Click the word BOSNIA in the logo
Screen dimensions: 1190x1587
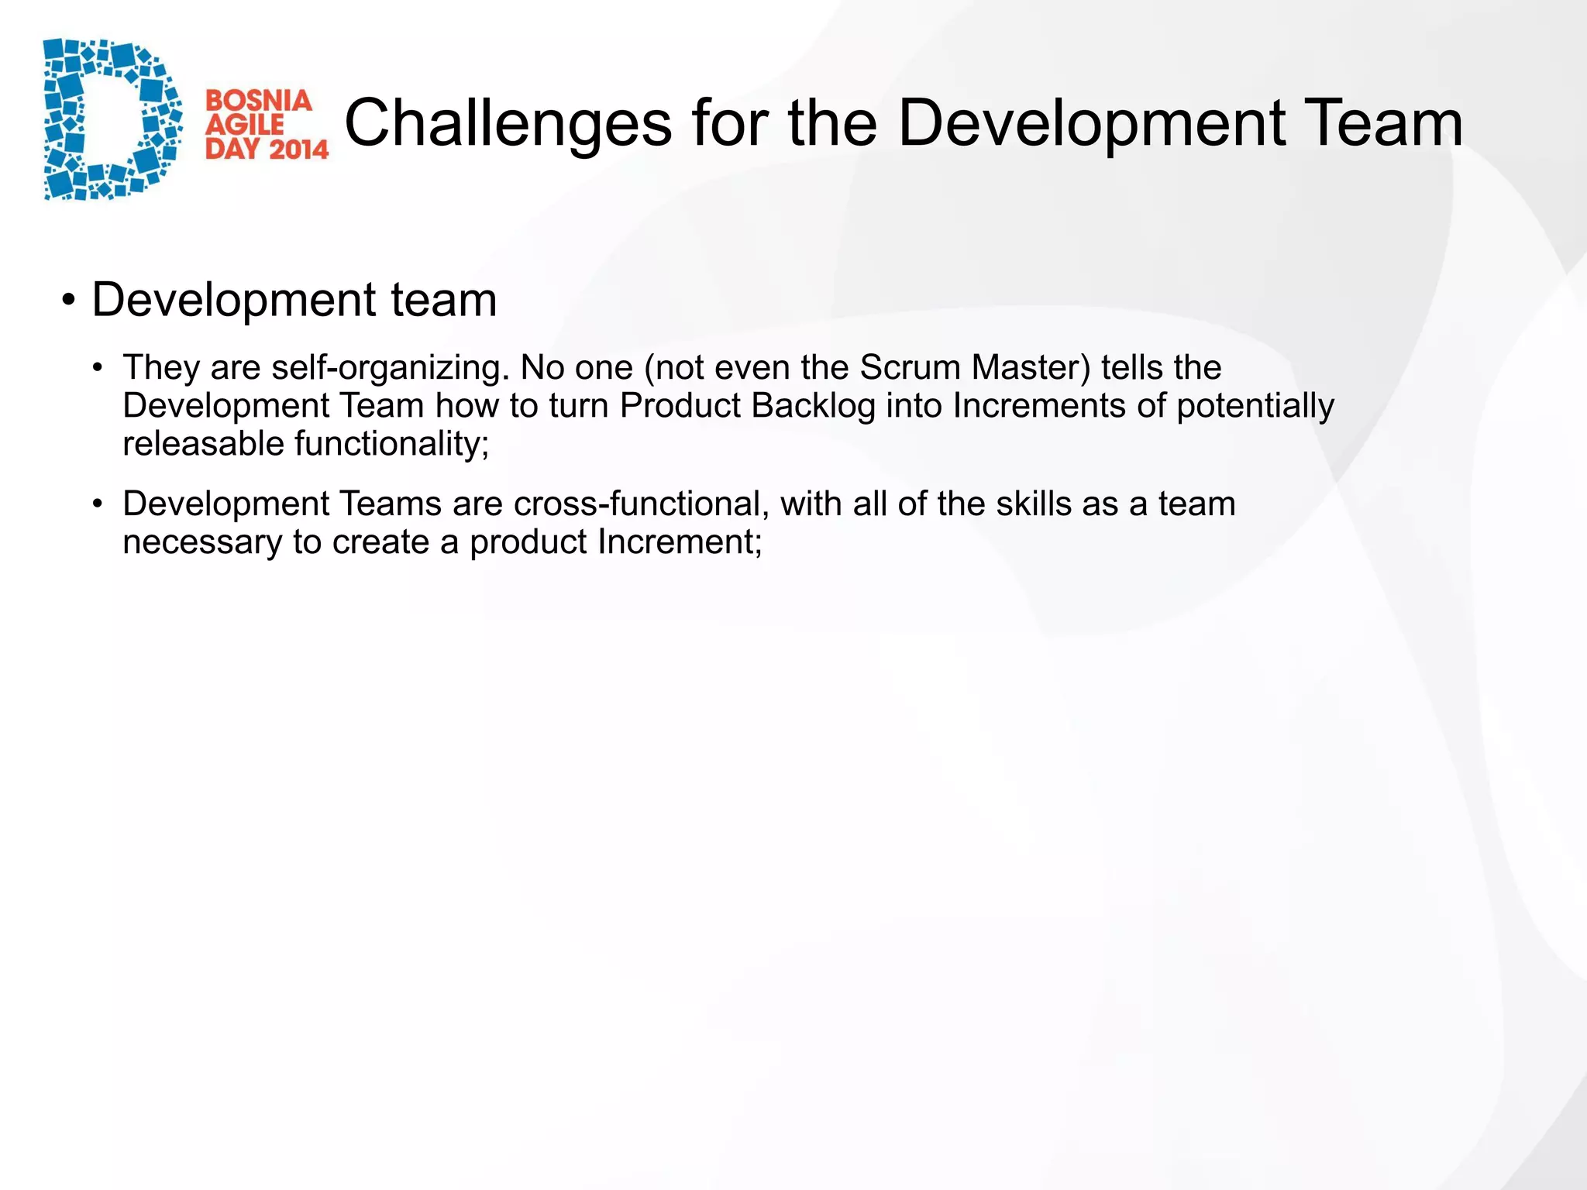pyautogui.click(x=258, y=101)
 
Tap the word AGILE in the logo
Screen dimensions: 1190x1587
pyautogui.click(x=244, y=125)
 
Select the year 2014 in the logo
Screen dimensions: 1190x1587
pyautogui.click(x=299, y=149)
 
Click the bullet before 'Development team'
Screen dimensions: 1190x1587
pyautogui.click(x=69, y=300)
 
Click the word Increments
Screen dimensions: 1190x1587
pyautogui.click(x=1039, y=406)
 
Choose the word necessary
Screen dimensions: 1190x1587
pyautogui.click(x=202, y=543)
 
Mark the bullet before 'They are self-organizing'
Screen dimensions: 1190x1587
pyautogui.click(x=97, y=368)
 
